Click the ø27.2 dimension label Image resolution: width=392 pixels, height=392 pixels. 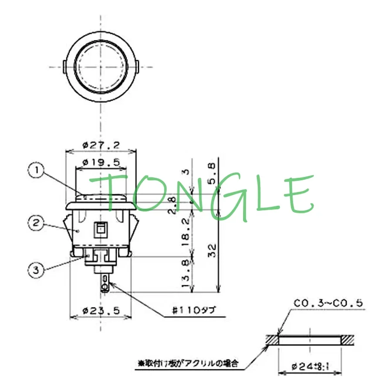coord(101,145)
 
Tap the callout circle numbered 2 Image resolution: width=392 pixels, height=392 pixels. coord(37,223)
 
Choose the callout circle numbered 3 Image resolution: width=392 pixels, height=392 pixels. coord(37,270)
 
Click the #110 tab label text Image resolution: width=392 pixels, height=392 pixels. coord(193,311)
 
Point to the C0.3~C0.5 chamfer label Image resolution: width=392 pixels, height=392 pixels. coord(328,303)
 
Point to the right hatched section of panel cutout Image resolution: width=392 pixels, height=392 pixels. coord(347,339)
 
